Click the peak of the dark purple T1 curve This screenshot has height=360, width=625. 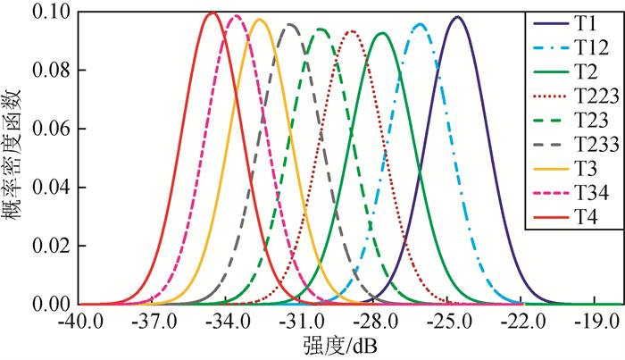pyautogui.click(x=457, y=17)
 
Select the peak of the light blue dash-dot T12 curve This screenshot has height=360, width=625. pyautogui.click(x=421, y=24)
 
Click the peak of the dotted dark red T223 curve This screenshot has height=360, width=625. pyautogui.click(x=351, y=31)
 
